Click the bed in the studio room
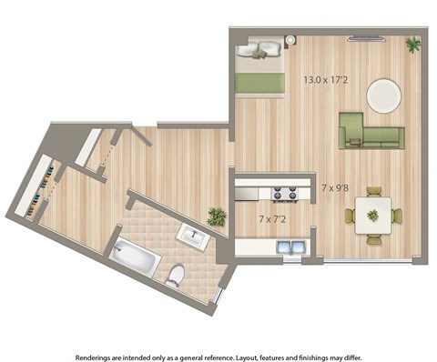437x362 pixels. [x=261, y=65]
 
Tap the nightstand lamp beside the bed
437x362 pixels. [x=290, y=41]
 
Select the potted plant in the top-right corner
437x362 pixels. [x=413, y=44]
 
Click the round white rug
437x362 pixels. [x=383, y=94]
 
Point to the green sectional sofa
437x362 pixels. [x=367, y=133]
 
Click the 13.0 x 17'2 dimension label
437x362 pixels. [x=324, y=80]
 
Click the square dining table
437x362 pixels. [x=372, y=216]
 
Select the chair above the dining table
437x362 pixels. [x=373, y=192]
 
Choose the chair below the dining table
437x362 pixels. [x=373, y=239]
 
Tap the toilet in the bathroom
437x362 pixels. [x=176, y=275]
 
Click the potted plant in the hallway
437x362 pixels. [x=217, y=216]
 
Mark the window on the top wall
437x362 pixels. [x=368, y=37]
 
